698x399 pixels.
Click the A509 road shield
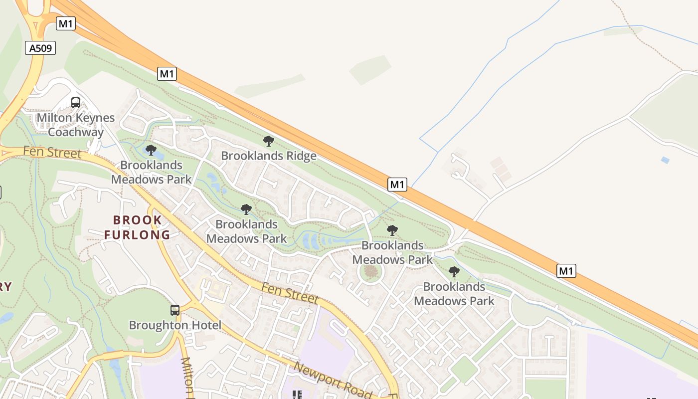click(40, 48)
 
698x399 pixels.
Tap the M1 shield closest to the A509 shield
click(65, 23)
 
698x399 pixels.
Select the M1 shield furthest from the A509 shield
click(566, 271)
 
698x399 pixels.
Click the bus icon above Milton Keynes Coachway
click(76, 103)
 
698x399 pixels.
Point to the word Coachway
click(76, 132)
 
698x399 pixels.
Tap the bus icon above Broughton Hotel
click(174, 310)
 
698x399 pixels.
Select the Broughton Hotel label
click(175, 325)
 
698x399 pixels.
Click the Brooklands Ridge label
click(269, 156)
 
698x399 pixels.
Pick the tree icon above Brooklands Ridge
click(269, 141)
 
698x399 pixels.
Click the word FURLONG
click(137, 234)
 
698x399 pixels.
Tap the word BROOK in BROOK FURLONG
click(137, 220)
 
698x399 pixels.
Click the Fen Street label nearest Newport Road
click(290, 293)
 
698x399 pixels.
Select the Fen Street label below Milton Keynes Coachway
click(52, 152)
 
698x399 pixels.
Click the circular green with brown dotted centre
click(371, 272)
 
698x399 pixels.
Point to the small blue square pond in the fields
click(665, 160)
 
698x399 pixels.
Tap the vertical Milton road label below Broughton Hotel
click(186, 378)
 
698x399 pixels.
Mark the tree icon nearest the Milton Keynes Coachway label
click(151, 150)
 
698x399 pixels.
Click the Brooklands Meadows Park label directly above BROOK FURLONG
click(151, 172)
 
